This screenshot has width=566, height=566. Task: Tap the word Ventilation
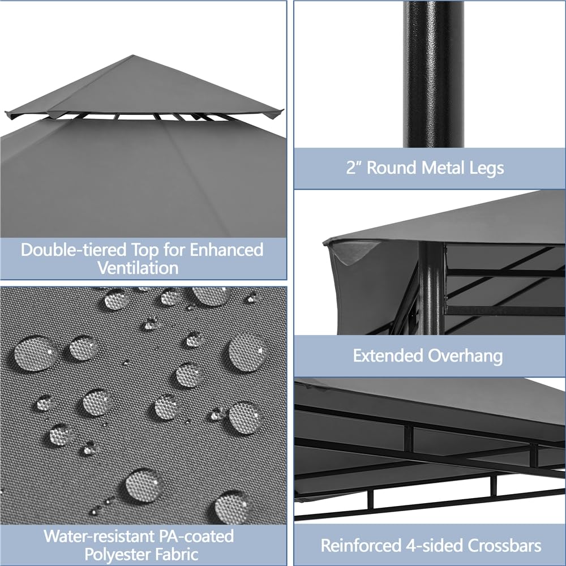point(138,268)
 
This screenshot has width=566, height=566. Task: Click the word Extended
point(389,355)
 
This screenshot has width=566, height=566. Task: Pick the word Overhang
point(466,355)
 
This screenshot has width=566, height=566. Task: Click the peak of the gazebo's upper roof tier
point(132,56)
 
